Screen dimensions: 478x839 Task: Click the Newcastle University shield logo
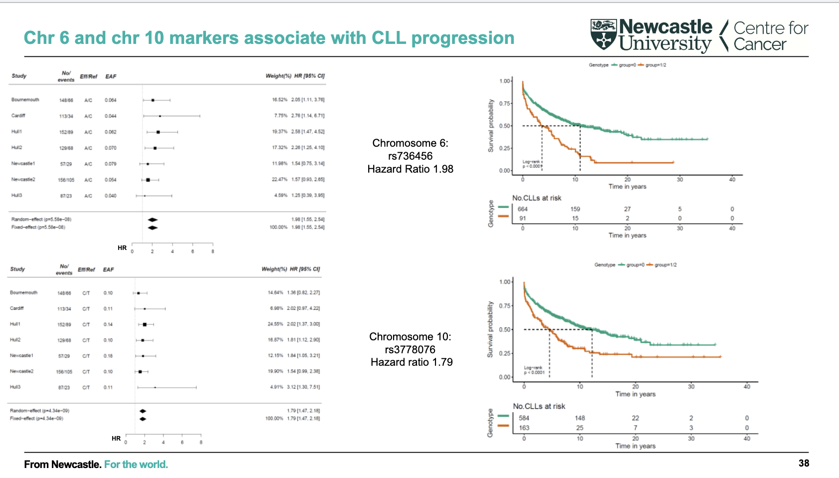click(x=604, y=34)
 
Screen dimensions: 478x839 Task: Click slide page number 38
click(x=804, y=463)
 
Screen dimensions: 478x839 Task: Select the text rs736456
click(x=410, y=156)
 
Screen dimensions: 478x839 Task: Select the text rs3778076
click(x=410, y=350)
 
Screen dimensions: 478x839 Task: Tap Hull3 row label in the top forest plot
click(x=17, y=196)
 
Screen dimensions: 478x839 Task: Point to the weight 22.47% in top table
click(x=279, y=180)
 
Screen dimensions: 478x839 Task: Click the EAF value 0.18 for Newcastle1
click(x=108, y=356)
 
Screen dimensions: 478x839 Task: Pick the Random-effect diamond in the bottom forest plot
click(x=143, y=411)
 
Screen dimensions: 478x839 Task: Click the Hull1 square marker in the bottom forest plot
click(x=145, y=324)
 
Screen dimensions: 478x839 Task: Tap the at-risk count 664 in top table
click(x=522, y=209)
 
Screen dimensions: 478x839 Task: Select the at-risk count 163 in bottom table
click(x=524, y=428)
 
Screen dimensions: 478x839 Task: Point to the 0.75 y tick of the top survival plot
click(x=504, y=103)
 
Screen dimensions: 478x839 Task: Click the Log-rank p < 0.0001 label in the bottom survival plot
click(x=533, y=370)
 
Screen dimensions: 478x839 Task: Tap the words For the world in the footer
click(x=136, y=465)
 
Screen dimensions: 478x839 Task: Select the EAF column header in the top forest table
click(x=111, y=76)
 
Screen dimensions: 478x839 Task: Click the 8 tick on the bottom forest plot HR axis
click(x=201, y=443)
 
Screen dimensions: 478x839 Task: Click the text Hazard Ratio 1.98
click(x=410, y=169)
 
